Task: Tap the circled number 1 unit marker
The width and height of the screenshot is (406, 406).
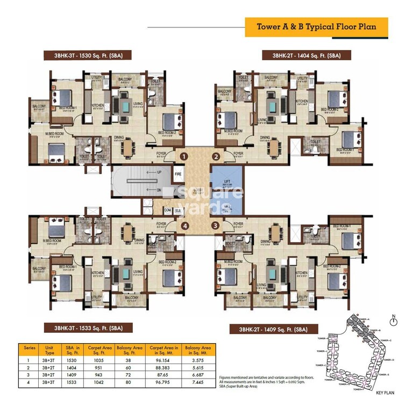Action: pyautogui.click(x=184, y=157)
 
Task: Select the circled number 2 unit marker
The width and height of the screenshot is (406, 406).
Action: pyautogui.click(x=216, y=157)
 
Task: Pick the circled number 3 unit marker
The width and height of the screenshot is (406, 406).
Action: pyautogui.click(x=216, y=226)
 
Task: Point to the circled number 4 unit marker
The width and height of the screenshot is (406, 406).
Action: pyautogui.click(x=184, y=226)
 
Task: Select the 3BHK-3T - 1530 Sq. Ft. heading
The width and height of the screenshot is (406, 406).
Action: pyautogui.click(x=88, y=55)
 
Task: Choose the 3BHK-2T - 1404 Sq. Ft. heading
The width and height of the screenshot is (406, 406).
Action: pyautogui.click(x=307, y=55)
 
